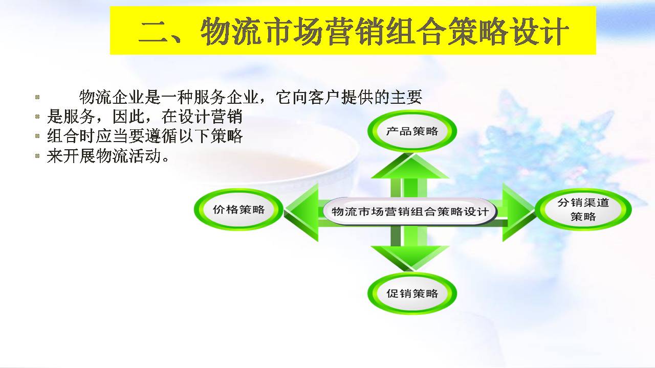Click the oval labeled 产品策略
412,131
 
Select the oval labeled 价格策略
238,210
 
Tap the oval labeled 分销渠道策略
583,210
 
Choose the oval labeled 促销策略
412,293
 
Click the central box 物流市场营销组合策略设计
410,212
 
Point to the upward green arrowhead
410,166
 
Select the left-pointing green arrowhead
301,212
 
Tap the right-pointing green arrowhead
519,212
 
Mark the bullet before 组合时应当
37,136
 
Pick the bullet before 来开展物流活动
37,156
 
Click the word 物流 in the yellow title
231,31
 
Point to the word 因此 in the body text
128,117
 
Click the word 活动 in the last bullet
145,156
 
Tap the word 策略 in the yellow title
478,31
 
